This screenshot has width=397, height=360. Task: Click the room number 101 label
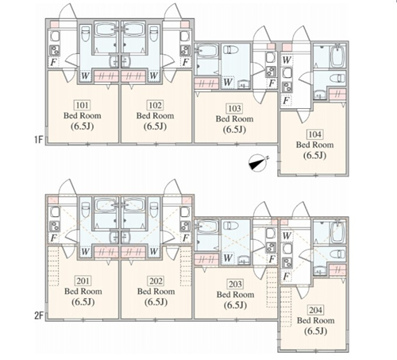click(x=82, y=105)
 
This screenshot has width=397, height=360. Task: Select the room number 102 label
click(x=155, y=105)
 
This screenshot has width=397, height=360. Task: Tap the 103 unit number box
click(x=234, y=108)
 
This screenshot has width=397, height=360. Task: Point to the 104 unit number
click(x=314, y=134)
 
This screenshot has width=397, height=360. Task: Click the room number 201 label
click(x=83, y=281)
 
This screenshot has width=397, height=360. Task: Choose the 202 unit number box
click(x=156, y=281)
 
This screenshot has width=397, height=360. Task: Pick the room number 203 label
click(x=235, y=284)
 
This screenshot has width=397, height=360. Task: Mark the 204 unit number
click(x=315, y=310)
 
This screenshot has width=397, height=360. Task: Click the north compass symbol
click(x=258, y=163)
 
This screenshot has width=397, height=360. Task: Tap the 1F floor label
click(x=38, y=139)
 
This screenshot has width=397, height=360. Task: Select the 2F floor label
click(x=39, y=315)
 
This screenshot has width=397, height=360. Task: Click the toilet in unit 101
click(x=85, y=33)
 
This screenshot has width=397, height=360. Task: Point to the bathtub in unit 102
click(x=133, y=29)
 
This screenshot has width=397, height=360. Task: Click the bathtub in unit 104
click(x=337, y=56)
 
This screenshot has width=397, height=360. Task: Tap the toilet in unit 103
click(x=231, y=49)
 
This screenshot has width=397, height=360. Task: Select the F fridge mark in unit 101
click(x=53, y=62)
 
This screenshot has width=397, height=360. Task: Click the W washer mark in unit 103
click(x=228, y=82)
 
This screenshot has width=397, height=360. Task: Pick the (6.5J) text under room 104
click(x=314, y=155)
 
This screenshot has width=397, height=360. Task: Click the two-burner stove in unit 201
click(x=55, y=226)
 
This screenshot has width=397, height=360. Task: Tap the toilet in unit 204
click(x=337, y=254)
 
